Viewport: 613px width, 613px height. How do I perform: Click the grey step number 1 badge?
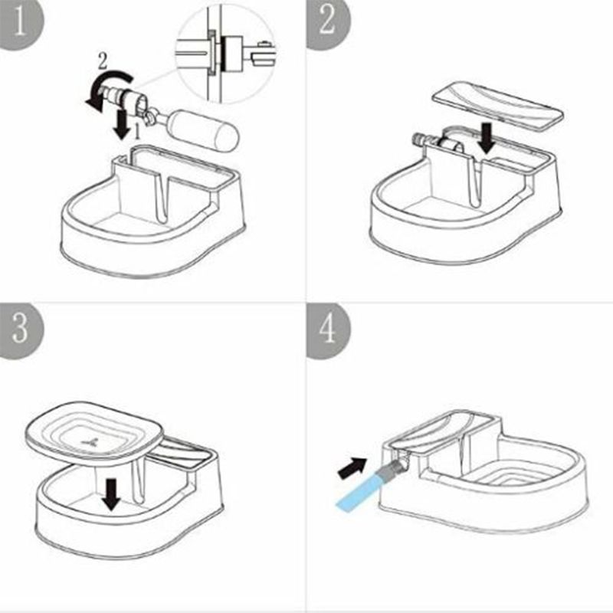tap(21, 25)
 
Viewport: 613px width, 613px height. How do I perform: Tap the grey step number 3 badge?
tap(21, 331)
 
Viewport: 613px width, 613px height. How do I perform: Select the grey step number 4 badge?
tap(328, 331)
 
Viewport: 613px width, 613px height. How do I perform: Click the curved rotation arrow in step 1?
tap(107, 90)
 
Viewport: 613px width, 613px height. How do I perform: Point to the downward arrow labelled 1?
tap(123, 124)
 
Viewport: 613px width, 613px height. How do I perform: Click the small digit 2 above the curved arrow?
tap(103, 61)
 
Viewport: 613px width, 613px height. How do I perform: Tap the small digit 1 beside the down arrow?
tap(137, 132)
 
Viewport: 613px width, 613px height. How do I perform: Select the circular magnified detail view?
tap(225, 54)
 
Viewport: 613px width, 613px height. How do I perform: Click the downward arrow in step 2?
tap(487, 138)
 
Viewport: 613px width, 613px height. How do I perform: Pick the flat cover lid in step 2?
tap(497, 106)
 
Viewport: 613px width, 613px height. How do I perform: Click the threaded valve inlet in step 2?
tap(422, 139)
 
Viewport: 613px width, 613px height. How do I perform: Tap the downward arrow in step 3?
tap(112, 494)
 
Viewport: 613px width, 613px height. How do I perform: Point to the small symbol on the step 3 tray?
tap(90, 442)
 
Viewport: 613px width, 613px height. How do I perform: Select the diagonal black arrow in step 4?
tap(352, 467)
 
